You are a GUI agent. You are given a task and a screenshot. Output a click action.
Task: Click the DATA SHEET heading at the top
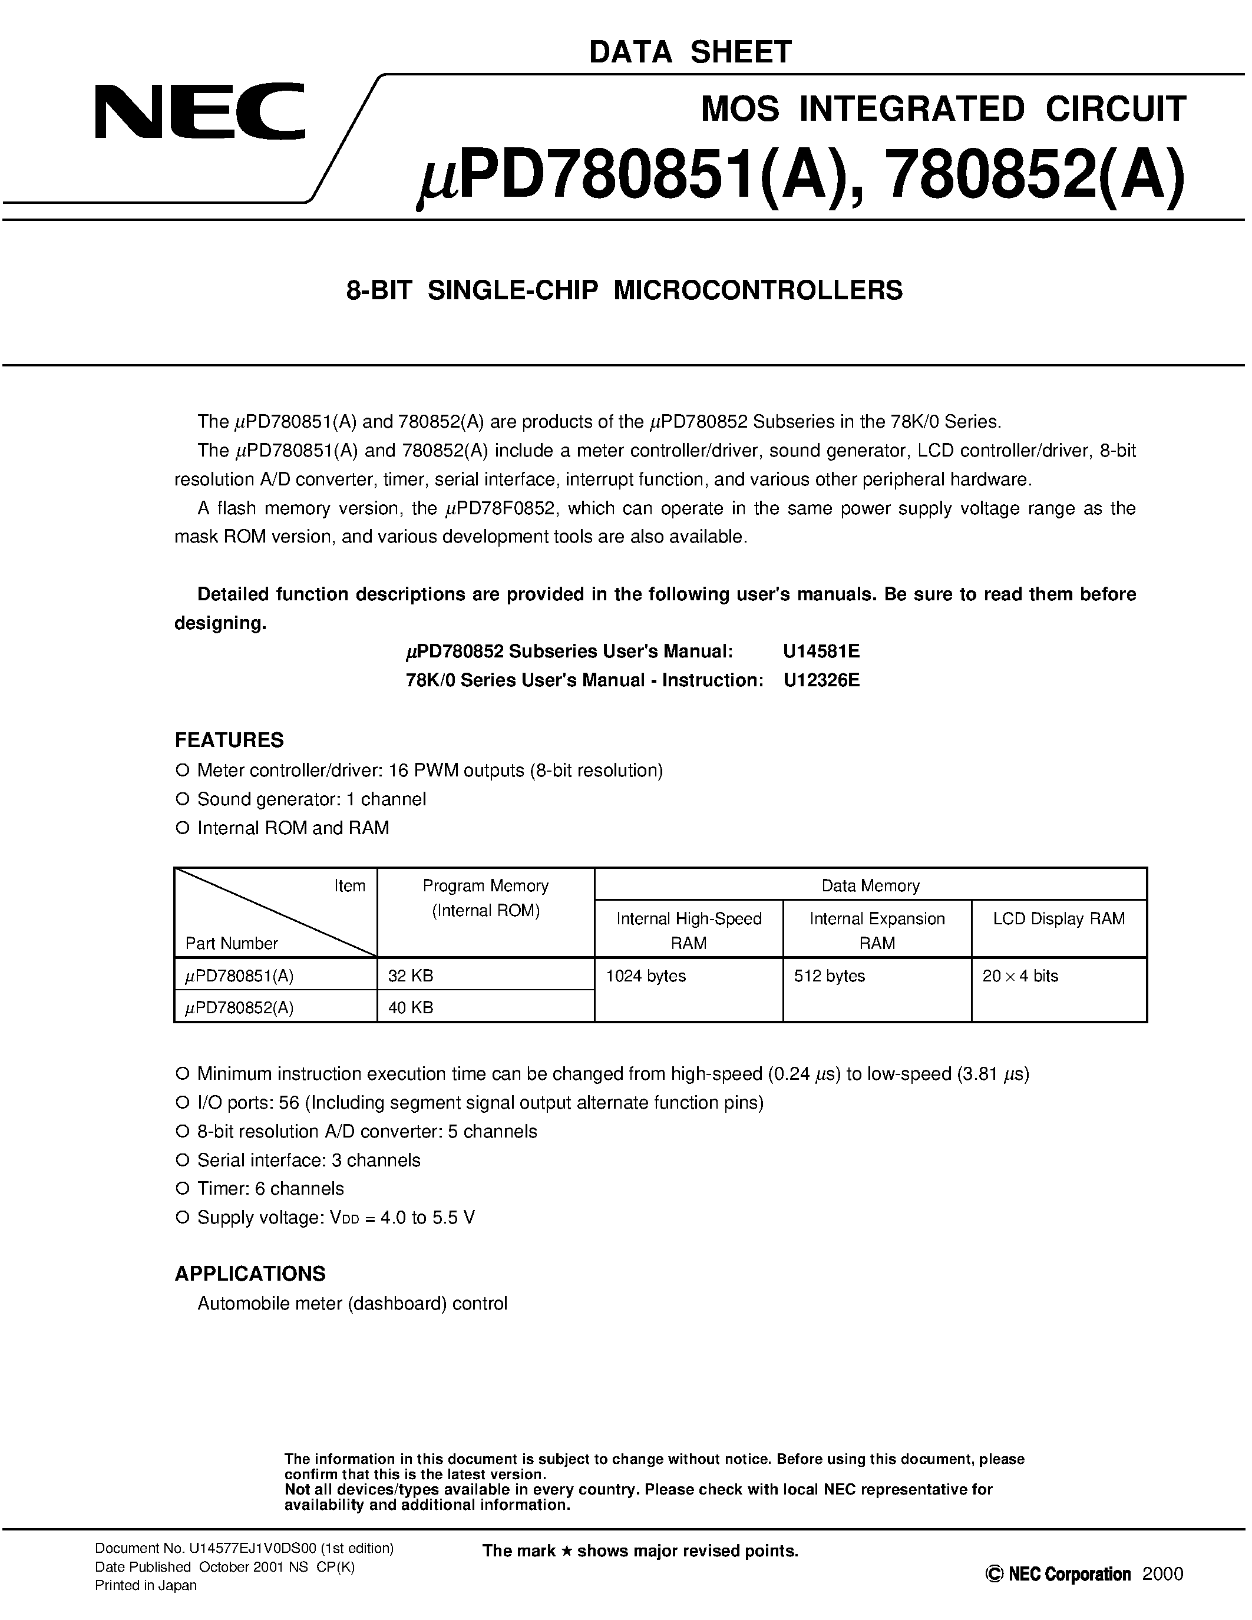click(690, 52)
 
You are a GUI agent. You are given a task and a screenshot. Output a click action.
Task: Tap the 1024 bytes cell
click(645, 976)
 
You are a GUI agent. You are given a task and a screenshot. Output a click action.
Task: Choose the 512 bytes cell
click(829, 976)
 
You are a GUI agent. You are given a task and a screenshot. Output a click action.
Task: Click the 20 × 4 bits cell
click(1020, 976)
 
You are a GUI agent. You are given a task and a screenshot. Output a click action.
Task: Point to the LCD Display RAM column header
click(1058, 918)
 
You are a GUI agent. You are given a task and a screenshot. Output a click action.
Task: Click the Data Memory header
click(870, 885)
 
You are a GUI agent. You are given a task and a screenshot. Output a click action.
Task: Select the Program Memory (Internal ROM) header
click(485, 898)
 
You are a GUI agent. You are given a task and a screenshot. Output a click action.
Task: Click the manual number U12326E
click(821, 680)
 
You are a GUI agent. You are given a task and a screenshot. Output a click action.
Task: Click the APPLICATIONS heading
click(250, 1274)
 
